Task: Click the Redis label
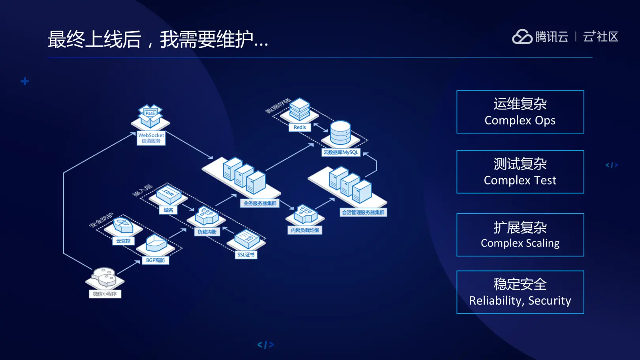coord(299,127)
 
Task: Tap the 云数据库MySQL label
coord(341,153)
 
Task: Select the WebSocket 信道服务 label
coord(151,138)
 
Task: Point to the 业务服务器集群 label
coord(260,204)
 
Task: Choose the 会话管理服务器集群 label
coord(363,213)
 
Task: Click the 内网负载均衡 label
coord(305,230)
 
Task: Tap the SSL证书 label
coord(246,255)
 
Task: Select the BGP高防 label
coord(155,260)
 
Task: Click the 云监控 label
coord(123,241)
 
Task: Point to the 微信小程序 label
coord(105,294)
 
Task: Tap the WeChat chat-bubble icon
coord(104,277)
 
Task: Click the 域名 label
coord(168,210)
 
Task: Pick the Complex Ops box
coord(520,112)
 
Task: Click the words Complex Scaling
coord(520,243)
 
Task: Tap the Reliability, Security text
coord(520,301)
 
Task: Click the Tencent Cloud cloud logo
coord(522,37)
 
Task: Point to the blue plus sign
coord(25,81)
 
